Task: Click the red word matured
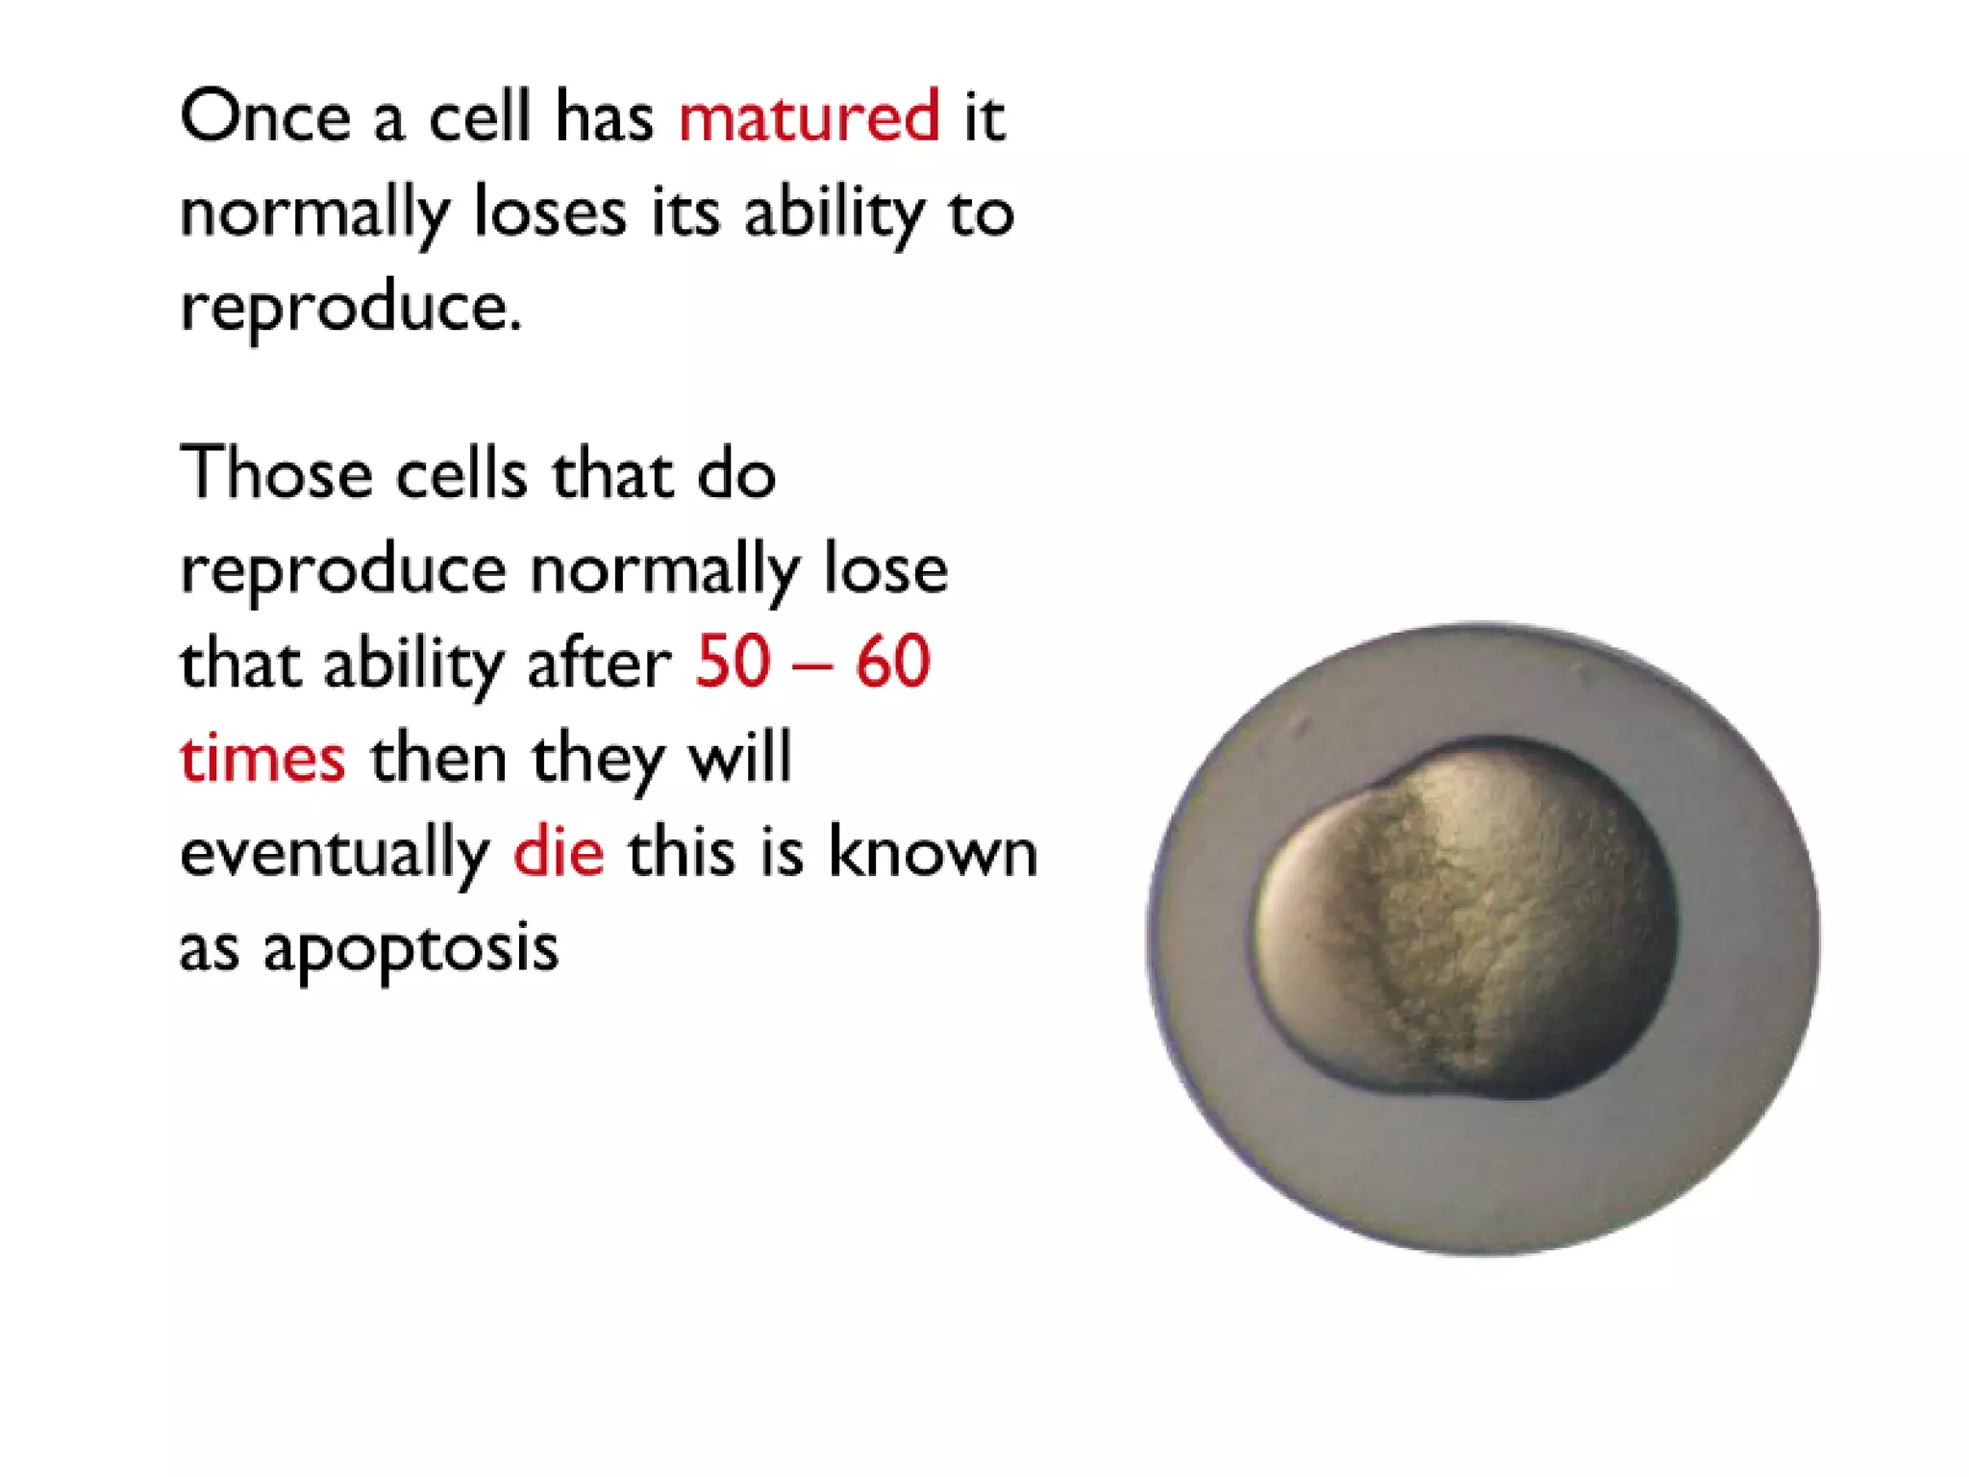pos(809,116)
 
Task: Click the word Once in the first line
pos(265,116)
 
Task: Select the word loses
pos(550,212)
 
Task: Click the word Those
pos(277,473)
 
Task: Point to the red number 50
pos(733,662)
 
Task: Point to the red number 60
pos(893,662)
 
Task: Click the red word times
pos(262,758)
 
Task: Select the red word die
pos(559,852)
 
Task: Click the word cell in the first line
pos(479,116)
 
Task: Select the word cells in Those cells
pos(461,473)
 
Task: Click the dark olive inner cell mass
pos(1471,918)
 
